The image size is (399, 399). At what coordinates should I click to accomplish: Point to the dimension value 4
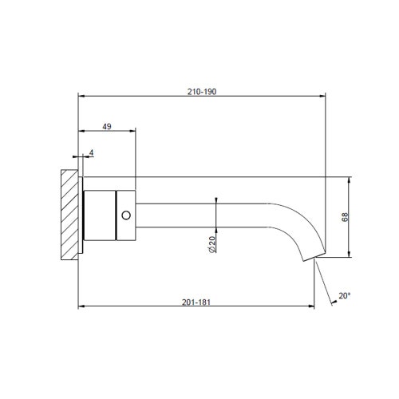[92, 152]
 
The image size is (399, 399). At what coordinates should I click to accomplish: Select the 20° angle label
[343, 295]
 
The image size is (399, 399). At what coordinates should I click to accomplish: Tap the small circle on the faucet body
[125, 215]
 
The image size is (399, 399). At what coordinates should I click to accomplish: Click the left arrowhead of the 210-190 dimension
[81, 97]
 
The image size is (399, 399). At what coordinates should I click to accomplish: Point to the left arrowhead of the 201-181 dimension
[81, 306]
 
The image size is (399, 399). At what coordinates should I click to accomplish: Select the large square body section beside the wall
[100, 215]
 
